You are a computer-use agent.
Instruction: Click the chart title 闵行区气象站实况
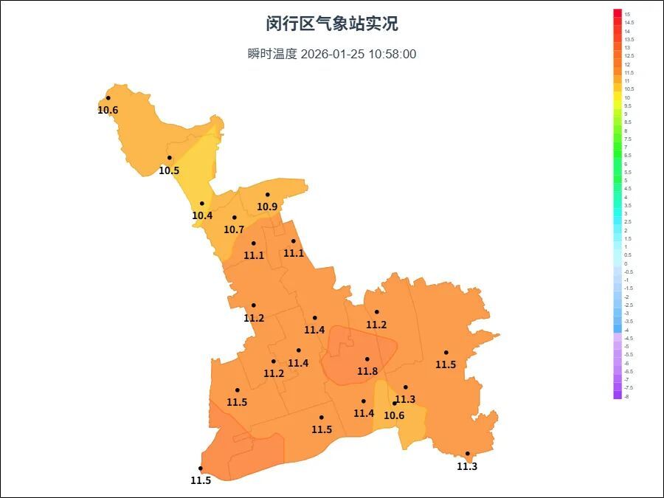tap(332, 24)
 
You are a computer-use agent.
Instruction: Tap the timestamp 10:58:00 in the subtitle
tap(391, 54)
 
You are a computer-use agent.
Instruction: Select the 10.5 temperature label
tap(169, 170)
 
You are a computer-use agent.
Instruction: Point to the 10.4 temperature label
tap(202, 215)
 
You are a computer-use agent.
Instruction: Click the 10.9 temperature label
tap(267, 207)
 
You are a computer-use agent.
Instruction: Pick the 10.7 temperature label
tap(234, 229)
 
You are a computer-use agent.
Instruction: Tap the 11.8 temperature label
tap(367, 371)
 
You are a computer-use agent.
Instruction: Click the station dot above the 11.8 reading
tap(367, 359)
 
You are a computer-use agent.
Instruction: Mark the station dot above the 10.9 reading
tap(267, 195)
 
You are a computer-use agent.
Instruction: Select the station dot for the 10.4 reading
tap(201, 204)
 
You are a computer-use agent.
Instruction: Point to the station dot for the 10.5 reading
tap(169, 158)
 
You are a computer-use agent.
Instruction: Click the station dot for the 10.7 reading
tap(234, 218)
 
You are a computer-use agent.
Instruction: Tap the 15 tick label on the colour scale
tap(627, 14)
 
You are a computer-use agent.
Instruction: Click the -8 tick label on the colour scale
tap(627, 396)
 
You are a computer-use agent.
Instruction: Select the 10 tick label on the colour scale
tap(627, 97)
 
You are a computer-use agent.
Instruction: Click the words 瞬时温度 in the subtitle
tap(272, 54)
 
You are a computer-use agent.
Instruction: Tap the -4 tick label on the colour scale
tap(627, 330)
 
